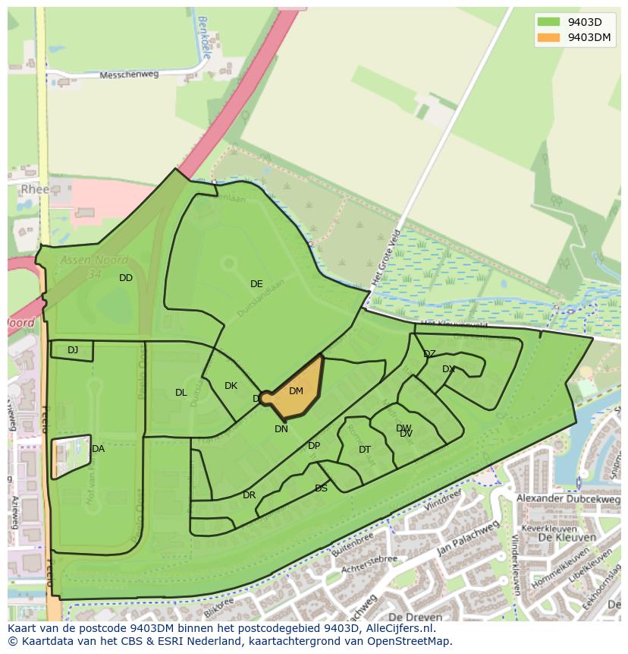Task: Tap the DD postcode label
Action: tap(126, 278)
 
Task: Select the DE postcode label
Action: tap(256, 284)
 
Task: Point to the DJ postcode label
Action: tap(73, 350)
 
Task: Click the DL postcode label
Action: tap(181, 393)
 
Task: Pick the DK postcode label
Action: tap(231, 386)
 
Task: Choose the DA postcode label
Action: tap(98, 449)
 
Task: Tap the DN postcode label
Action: tap(281, 429)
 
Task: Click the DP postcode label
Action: tap(314, 446)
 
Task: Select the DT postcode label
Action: tap(365, 450)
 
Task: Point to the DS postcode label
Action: tap(321, 488)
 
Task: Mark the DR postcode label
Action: tap(249, 495)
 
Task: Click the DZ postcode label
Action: tap(429, 354)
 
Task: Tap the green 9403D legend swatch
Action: tap(548, 21)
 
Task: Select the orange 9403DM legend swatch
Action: tap(548, 38)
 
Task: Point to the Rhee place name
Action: tap(36, 190)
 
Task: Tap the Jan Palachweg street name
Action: tap(468, 538)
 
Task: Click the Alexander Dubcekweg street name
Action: tap(568, 498)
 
